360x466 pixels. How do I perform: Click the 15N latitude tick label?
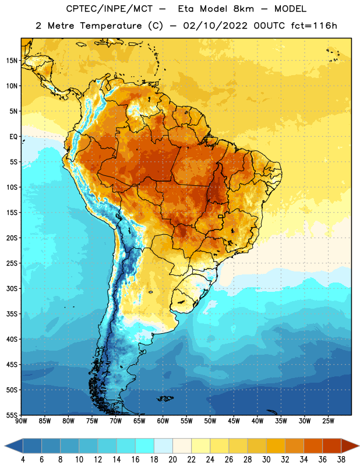click(12, 61)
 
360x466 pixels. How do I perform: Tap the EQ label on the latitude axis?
click(13, 137)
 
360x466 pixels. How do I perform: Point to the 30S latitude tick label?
click(12, 288)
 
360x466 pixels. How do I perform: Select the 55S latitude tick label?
click(12, 415)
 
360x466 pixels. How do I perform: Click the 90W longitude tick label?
click(21, 421)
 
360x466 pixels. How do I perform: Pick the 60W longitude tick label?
click(163, 421)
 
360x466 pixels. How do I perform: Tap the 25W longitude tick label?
click(328, 421)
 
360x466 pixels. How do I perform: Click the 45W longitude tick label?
click(234, 421)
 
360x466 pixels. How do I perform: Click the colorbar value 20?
click(172, 460)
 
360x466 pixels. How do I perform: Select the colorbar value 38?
click(341, 460)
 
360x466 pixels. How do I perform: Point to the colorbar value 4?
click(23, 460)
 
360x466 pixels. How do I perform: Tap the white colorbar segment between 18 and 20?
click(163, 446)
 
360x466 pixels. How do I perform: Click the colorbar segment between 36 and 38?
click(332, 446)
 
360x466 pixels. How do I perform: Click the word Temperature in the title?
click(111, 26)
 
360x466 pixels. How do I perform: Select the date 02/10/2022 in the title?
click(215, 26)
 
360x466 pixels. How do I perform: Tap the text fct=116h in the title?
click(314, 26)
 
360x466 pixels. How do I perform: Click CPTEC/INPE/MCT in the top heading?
click(110, 9)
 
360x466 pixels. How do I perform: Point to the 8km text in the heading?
click(243, 9)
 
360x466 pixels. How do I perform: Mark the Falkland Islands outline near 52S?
click(165, 398)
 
